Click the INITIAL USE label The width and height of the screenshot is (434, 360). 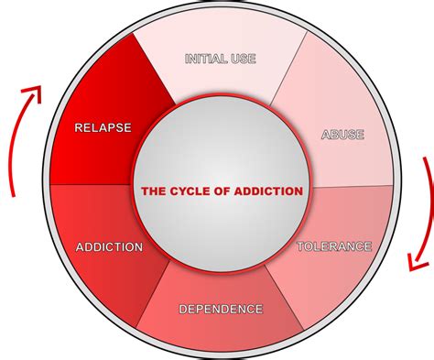tap(220, 59)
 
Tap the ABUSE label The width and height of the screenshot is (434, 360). tap(342, 135)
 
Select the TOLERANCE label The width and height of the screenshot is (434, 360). tap(334, 245)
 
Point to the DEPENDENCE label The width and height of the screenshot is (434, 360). tap(221, 309)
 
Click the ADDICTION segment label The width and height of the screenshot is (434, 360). tap(109, 246)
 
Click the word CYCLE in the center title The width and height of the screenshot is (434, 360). tap(192, 191)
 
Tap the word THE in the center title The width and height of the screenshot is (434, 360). tap(153, 191)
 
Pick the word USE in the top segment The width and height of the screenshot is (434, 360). tap(244, 59)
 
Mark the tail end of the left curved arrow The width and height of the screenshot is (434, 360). tap(13, 194)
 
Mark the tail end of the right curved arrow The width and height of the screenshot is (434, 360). tap(424, 160)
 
